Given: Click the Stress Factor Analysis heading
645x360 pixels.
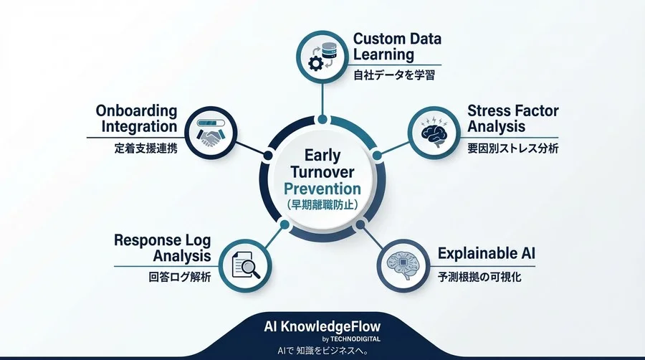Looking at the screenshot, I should point(512,118).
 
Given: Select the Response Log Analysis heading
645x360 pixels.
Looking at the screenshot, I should point(163,247).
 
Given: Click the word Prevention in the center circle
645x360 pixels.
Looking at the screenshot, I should point(322,189).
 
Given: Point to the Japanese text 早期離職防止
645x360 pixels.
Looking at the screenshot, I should point(322,204).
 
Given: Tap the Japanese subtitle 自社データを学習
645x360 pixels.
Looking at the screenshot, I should point(391,74).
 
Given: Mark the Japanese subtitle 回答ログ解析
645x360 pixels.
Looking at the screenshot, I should point(176,278).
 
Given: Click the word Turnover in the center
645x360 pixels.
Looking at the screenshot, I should point(322,172).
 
